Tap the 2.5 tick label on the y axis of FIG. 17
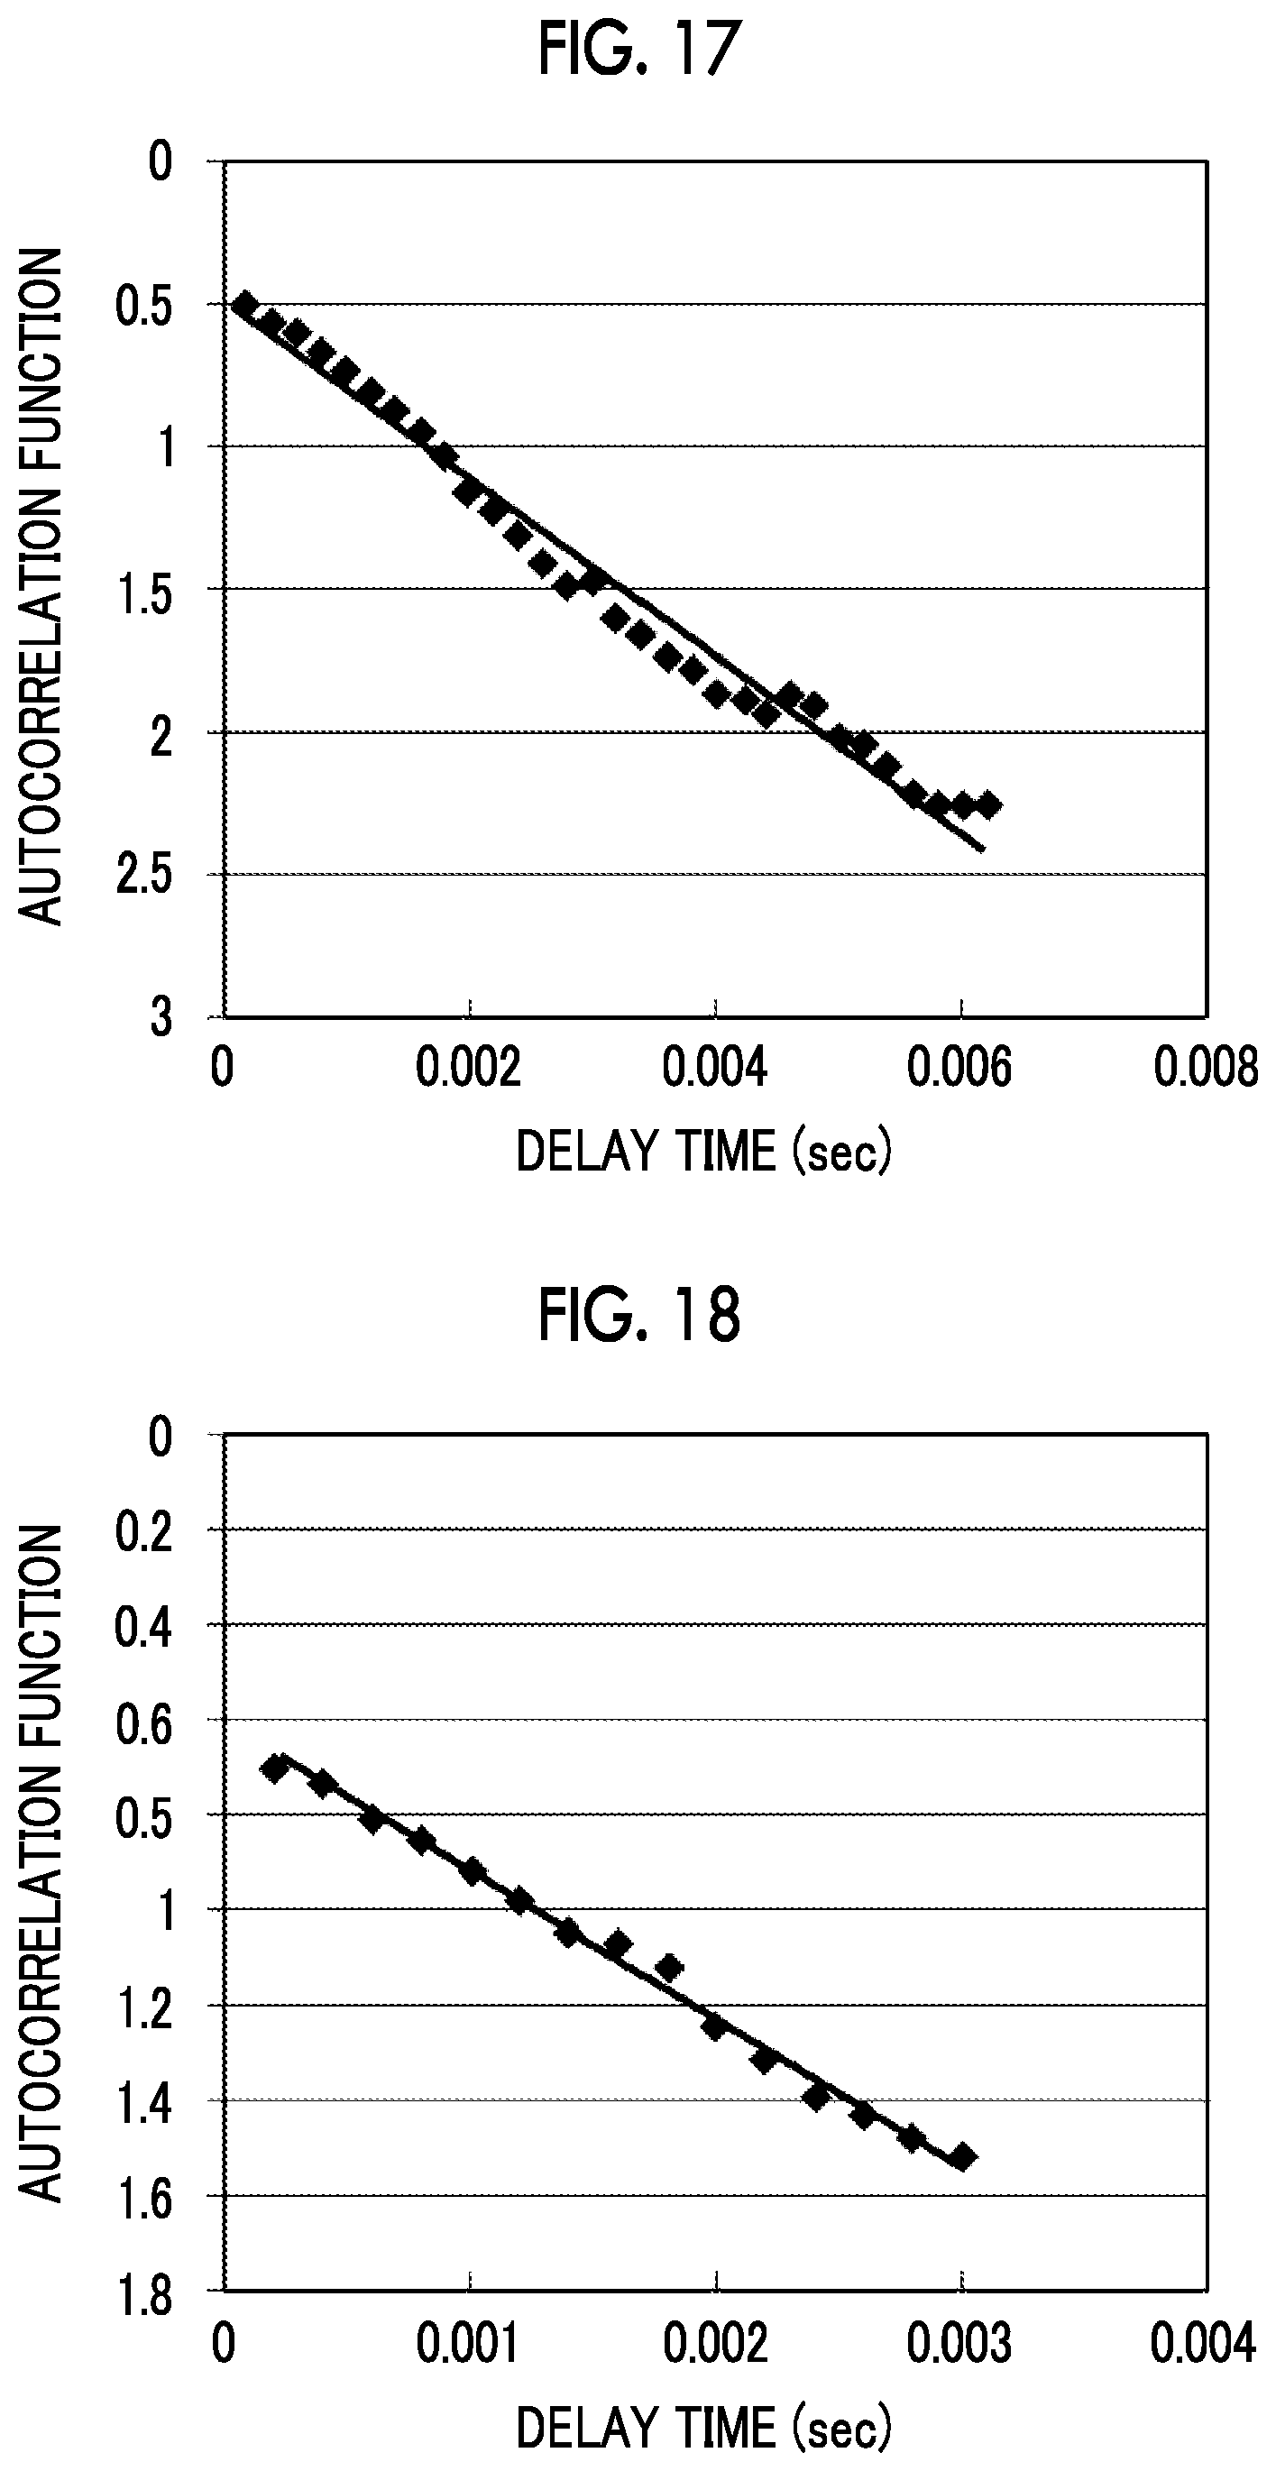(x=145, y=875)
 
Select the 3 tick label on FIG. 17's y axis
(x=161, y=1016)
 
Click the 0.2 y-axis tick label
(x=145, y=1532)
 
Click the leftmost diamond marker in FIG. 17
(x=244, y=305)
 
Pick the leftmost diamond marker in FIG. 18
(x=275, y=1767)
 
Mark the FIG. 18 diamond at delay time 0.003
(x=962, y=2157)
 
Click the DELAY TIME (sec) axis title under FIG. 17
(x=704, y=1152)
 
